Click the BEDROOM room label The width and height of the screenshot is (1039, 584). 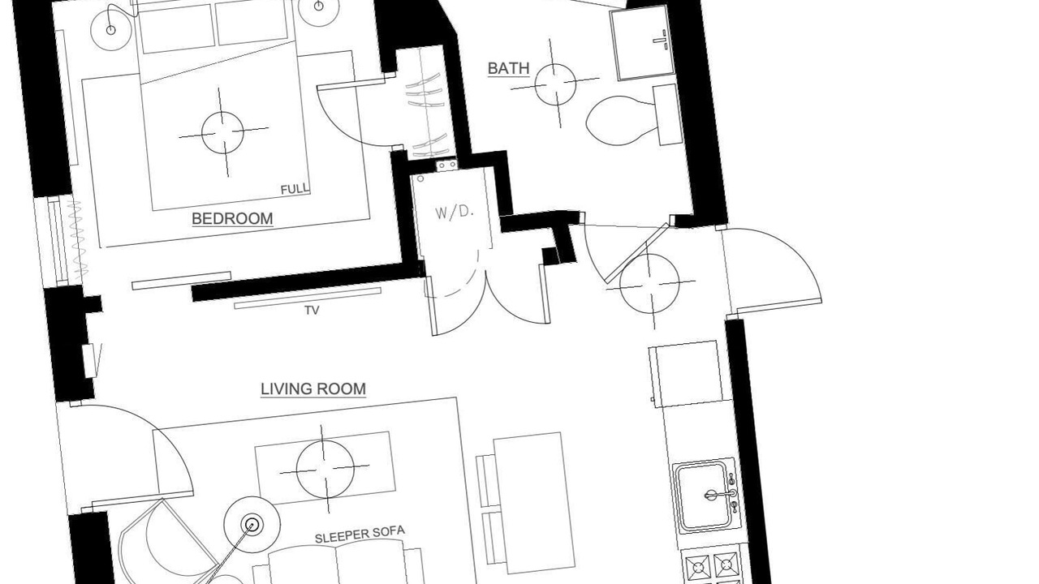(x=232, y=218)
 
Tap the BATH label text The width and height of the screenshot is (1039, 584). (x=509, y=68)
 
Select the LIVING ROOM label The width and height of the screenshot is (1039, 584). (x=313, y=389)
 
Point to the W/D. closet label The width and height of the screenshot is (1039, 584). (x=455, y=212)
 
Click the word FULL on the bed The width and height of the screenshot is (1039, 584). (x=295, y=189)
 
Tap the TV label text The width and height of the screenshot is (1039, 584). (x=313, y=310)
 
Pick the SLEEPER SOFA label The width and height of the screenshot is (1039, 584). (x=360, y=535)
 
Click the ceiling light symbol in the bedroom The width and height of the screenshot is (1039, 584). (x=222, y=132)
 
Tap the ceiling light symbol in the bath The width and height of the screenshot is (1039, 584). (x=555, y=84)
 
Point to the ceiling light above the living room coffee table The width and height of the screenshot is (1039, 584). (x=325, y=469)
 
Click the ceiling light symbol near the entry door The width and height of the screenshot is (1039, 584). (x=650, y=283)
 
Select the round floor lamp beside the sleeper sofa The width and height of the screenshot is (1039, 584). (x=252, y=525)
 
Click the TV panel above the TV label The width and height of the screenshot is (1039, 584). (x=308, y=298)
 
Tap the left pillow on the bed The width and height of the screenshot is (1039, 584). (x=177, y=28)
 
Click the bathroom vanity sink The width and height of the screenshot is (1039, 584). (x=643, y=43)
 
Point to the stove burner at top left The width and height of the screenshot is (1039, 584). (x=698, y=566)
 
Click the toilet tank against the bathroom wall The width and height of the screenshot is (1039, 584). (x=667, y=114)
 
